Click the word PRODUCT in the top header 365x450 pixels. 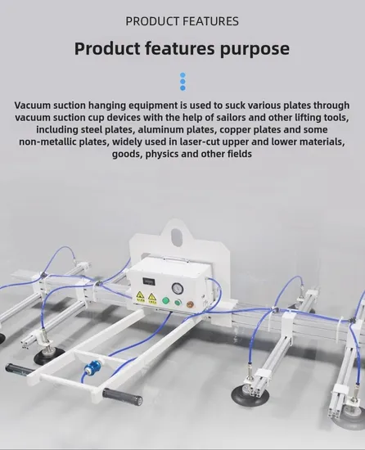(x=152, y=21)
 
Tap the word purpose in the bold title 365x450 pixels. (x=255, y=49)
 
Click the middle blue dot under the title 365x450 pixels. (x=182, y=82)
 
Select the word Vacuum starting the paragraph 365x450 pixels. (x=33, y=106)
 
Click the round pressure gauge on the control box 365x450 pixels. (x=176, y=288)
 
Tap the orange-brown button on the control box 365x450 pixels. (x=190, y=304)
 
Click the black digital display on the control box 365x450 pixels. (x=148, y=281)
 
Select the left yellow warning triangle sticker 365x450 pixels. (x=140, y=295)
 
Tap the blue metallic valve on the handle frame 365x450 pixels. (x=93, y=367)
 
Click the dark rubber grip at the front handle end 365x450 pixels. (x=123, y=396)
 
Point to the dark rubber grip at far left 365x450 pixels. (x=17, y=368)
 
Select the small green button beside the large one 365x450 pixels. (x=178, y=302)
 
